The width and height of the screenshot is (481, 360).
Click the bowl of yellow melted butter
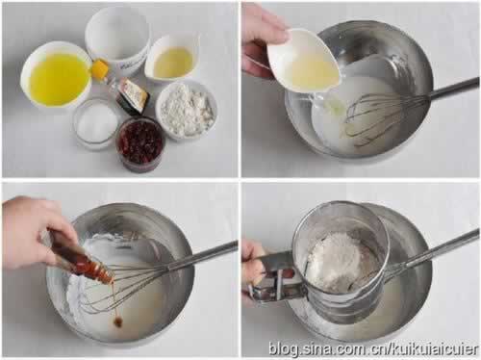click(57, 77)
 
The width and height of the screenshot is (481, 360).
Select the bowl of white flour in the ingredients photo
click(187, 109)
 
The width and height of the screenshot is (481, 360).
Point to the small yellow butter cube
click(100, 68)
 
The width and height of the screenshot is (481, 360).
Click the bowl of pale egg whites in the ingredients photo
click(171, 61)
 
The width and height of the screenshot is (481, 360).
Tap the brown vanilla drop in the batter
click(118, 320)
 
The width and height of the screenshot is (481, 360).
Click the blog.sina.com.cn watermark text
click(373, 348)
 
